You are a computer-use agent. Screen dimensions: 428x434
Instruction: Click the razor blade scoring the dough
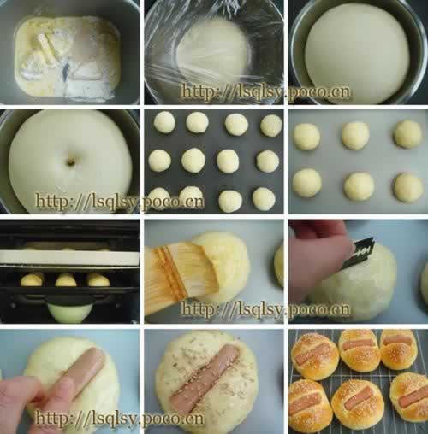click(x=359, y=253)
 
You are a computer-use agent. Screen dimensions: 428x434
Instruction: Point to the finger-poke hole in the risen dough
click(x=70, y=162)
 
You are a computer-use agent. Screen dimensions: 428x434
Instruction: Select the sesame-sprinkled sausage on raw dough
click(x=205, y=376)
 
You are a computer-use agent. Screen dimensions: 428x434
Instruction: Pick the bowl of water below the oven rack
click(x=69, y=312)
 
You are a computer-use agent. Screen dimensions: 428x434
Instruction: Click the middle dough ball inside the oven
click(x=66, y=280)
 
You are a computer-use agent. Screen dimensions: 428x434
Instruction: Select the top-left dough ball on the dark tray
click(x=164, y=122)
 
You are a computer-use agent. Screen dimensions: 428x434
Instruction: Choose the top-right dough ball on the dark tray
click(x=271, y=126)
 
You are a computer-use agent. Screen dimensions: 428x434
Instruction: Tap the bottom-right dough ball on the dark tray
click(x=264, y=199)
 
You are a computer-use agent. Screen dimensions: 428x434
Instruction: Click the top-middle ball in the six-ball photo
click(x=355, y=136)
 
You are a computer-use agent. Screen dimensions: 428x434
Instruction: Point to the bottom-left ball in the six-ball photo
click(x=307, y=183)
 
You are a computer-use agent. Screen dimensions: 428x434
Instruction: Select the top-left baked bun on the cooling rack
click(x=315, y=356)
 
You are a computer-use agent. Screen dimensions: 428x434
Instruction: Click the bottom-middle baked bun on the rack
click(x=357, y=404)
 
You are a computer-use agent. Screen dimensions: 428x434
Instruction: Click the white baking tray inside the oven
click(x=69, y=258)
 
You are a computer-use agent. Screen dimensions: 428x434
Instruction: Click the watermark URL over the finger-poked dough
click(x=120, y=202)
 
